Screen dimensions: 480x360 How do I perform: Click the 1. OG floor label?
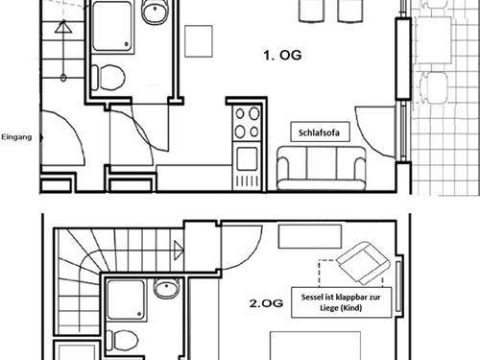coord(282,56)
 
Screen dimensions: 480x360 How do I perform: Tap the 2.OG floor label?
coord(266,303)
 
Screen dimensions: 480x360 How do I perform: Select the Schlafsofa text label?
coord(319,132)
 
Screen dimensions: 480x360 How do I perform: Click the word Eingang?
coord(16,137)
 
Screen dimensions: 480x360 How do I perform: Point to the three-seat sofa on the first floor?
coord(322,168)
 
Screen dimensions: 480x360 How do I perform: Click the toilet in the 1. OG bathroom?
coord(108,78)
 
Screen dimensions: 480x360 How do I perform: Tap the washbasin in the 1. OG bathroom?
coord(156,12)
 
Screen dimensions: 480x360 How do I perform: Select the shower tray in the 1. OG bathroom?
coord(113,27)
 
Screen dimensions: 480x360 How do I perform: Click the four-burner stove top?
coord(247,123)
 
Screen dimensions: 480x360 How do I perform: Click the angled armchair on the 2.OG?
coord(364,262)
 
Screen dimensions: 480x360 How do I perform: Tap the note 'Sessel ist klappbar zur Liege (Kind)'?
coord(341,302)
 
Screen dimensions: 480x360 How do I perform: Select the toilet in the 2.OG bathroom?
coord(122,340)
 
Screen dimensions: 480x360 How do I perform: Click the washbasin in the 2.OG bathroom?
coord(166,288)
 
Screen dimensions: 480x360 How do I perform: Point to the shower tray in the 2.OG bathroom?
coord(126,300)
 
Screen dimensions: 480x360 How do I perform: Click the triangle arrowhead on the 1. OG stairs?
coord(63,26)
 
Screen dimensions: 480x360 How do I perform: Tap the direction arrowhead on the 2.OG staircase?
coord(179,251)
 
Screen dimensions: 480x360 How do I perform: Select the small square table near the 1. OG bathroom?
coord(199,41)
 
